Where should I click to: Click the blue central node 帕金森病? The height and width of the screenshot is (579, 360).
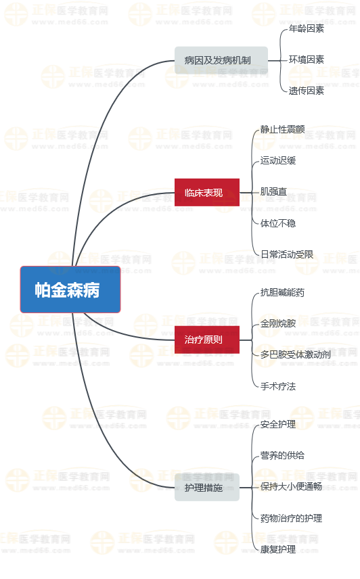point(70,289)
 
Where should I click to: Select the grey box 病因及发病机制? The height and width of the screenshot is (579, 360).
point(221,60)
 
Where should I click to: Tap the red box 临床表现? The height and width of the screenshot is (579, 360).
point(207,192)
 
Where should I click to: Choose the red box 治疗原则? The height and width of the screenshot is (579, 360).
point(207,340)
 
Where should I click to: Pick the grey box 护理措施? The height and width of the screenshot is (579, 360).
point(207,488)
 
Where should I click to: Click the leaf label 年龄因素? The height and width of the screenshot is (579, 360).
point(306,28)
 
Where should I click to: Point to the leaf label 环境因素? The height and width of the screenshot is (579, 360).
point(306,60)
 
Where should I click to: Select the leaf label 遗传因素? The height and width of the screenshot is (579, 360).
point(306,91)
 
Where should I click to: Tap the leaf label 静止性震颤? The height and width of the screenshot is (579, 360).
point(282,129)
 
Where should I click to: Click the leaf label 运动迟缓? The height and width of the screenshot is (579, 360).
point(278,160)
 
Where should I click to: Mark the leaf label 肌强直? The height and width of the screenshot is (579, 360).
point(273,191)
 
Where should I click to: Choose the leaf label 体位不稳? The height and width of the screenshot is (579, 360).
point(278,223)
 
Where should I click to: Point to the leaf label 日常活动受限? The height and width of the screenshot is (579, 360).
point(287,254)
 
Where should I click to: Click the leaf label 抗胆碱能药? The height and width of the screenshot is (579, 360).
point(282,292)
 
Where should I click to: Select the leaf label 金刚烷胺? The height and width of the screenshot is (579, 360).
point(278,323)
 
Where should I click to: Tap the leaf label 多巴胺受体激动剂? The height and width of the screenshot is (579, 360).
point(296,354)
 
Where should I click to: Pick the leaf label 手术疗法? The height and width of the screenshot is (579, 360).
point(278,386)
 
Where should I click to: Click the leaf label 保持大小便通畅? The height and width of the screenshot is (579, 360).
point(291,487)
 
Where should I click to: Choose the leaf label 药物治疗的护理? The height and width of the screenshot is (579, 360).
point(291,518)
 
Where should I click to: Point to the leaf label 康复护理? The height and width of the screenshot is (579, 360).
point(278,549)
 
